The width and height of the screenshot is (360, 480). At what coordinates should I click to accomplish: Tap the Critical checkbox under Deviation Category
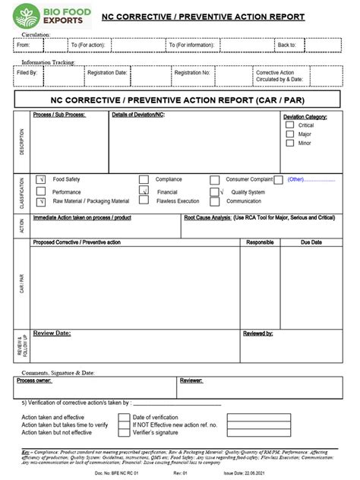coord(289,125)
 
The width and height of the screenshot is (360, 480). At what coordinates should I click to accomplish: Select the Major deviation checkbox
coord(289,134)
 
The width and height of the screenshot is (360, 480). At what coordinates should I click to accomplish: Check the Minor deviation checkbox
coord(289,143)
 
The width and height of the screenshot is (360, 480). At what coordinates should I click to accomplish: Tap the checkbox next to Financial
coord(144,192)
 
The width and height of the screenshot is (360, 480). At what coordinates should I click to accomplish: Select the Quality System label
coord(248,192)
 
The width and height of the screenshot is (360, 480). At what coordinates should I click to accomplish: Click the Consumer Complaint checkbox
coord(279,179)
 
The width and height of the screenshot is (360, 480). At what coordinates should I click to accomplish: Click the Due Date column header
coord(311,242)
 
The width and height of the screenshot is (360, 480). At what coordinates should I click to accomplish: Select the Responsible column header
coord(261,242)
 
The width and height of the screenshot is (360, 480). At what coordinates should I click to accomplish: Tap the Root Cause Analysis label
coord(207,217)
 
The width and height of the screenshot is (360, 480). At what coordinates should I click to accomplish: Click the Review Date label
coord(52,333)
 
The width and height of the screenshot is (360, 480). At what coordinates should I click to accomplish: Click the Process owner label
coord(36,381)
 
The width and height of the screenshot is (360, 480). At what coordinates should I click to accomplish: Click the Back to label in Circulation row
coord(286,45)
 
